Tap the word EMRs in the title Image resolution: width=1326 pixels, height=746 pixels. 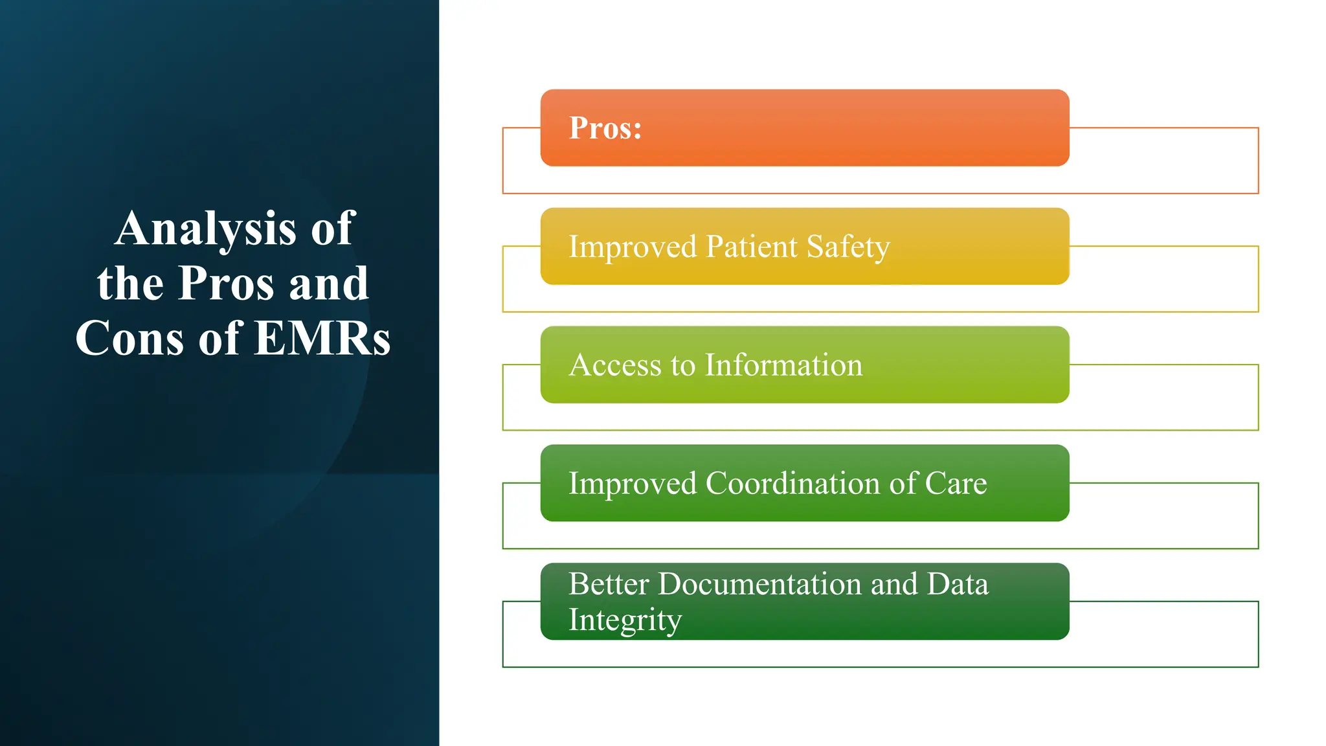point(322,338)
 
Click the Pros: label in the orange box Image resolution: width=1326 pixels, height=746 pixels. point(605,128)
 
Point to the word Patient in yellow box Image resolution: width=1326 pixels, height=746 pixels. point(751,247)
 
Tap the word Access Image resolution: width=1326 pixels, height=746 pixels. point(615,365)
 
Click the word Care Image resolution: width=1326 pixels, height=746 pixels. point(956,484)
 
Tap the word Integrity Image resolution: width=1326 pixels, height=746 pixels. point(625,620)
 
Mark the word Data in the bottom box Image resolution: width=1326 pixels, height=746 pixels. point(958,584)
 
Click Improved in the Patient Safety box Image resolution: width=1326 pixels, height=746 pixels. point(633,247)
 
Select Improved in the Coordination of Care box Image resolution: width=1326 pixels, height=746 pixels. point(633,484)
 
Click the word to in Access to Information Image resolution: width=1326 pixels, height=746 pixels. point(682,365)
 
